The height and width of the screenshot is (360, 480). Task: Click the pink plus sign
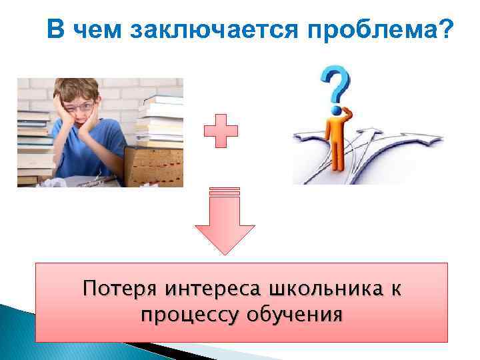tap(221, 131)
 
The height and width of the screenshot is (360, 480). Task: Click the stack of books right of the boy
tap(160, 120)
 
